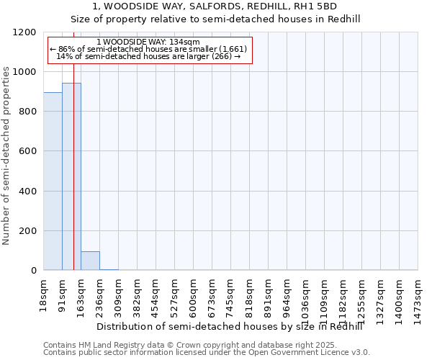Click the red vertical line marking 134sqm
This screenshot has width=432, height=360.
point(73,144)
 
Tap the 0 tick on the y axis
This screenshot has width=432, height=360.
point(33,271)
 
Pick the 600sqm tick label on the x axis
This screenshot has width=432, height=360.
point(194,293)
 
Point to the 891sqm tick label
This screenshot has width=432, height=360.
point(269,293)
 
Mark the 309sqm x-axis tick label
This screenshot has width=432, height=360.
point(119,293)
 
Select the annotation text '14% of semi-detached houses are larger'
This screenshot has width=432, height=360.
point(148,56)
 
